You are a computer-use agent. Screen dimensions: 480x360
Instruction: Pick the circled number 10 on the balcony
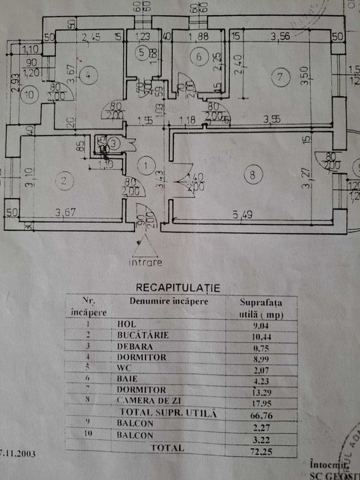(25, 95)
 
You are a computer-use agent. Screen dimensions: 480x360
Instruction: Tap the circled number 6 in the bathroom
(199, 58)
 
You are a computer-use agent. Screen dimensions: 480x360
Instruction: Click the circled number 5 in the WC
(141, 52)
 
